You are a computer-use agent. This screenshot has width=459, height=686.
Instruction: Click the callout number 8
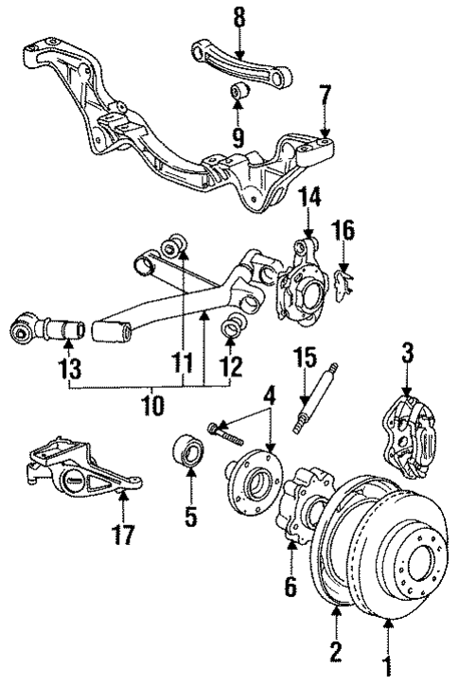tap(238, 16)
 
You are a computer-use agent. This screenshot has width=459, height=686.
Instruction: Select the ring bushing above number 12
tap(231, 330)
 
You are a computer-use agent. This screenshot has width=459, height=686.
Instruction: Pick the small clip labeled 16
tap(347, 280)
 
